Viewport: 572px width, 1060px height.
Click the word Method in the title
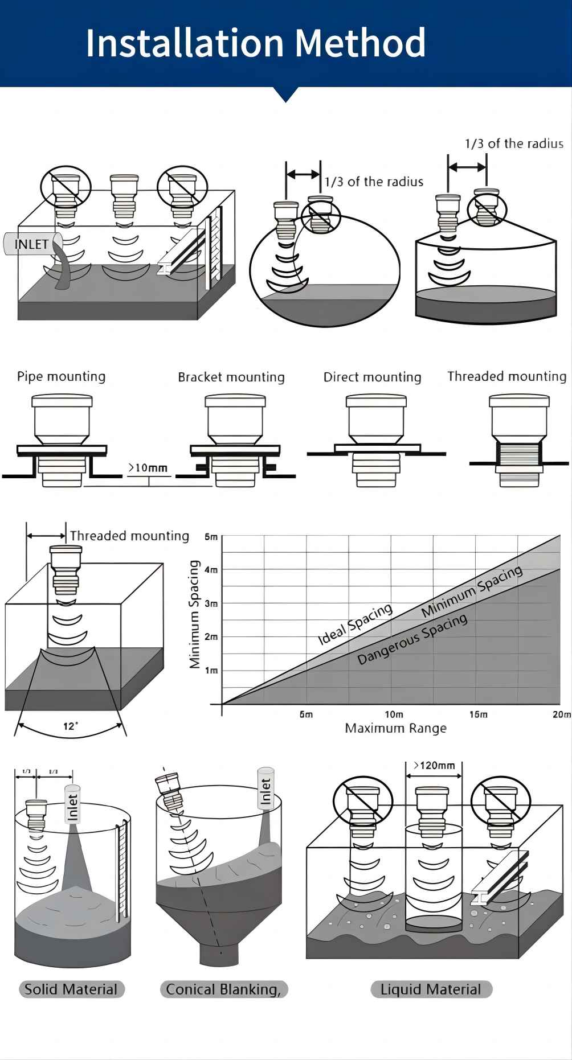point(360,43)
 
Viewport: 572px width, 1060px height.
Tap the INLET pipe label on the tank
point(31,244)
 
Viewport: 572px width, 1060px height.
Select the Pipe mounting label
point(61,376)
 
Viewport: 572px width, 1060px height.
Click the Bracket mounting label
point(231,377)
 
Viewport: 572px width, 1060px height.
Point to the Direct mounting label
point(372,377)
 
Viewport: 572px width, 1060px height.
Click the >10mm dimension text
point(148,468)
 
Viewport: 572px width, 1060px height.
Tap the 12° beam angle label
point(71,726)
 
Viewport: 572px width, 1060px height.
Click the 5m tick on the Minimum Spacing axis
point(211,537)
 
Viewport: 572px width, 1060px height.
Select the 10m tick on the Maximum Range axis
point(394,714)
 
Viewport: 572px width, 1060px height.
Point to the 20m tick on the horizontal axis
point(561,714)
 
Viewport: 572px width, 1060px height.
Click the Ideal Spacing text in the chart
point(355,624)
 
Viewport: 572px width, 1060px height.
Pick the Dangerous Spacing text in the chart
point(412,639)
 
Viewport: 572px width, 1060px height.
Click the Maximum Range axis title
point(395,728)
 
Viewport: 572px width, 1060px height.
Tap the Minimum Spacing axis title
point(195,614)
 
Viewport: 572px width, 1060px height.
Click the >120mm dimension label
point(434,765)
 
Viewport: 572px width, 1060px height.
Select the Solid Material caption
point(71,989)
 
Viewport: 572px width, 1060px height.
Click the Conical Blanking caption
point(223,989)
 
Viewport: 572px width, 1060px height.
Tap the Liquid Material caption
point(431,989)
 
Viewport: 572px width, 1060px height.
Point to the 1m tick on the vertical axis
point(211,671)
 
